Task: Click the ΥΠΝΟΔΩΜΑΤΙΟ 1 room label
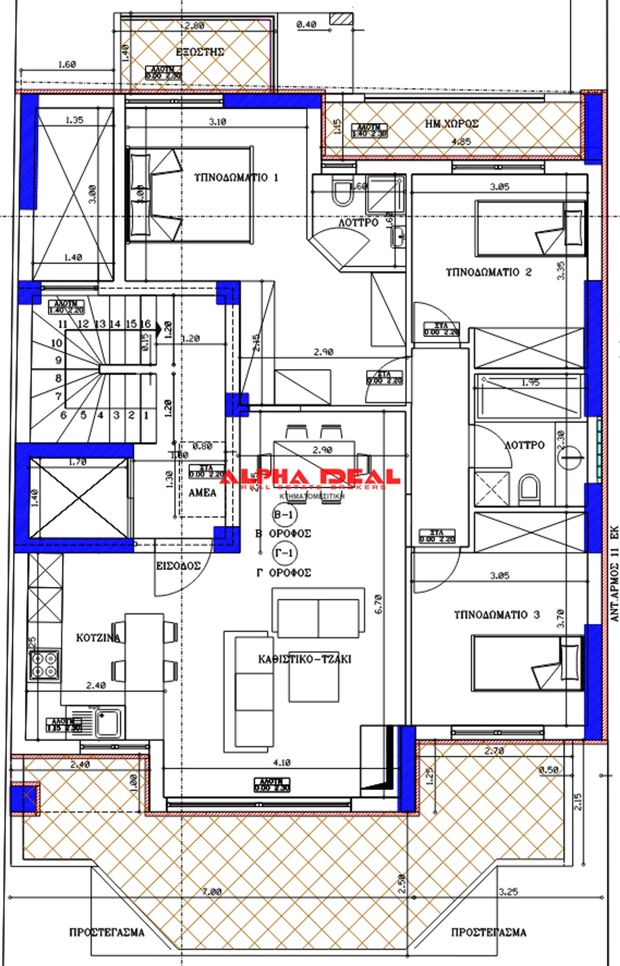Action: click(236, 178)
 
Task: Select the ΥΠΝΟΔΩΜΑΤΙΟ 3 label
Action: click(496, 615)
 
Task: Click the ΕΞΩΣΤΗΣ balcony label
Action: click(200, 52)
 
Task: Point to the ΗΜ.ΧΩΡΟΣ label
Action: click(452, 124)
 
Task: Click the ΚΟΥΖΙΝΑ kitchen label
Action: click(98, 638)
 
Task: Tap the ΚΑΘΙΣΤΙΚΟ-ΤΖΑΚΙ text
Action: click(305, 659)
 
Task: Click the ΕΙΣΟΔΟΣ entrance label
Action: click(178, 566)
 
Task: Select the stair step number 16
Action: click(146, 324)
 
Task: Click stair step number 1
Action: click(146, 415)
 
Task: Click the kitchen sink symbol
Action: click(108, 723)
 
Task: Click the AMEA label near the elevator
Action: click(202, 493)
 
